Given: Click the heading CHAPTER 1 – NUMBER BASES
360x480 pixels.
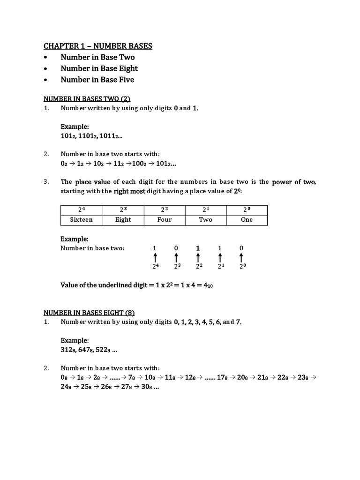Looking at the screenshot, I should [98, 46].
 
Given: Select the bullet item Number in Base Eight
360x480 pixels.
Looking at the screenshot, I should [99, 68].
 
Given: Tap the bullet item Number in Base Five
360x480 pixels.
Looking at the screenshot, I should [97, 80].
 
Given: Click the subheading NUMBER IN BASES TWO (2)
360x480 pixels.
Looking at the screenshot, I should [87, 99].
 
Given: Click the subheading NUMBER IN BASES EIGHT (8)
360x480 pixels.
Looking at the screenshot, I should [89, 313].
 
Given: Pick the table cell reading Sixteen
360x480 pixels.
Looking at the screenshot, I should [81, 220].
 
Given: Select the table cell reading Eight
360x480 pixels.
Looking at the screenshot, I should [123, 220].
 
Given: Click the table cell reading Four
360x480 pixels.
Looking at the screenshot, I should [165, 220].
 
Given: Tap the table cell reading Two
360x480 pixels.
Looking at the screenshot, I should [205, 220].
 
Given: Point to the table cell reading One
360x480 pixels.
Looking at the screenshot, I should [247, 220].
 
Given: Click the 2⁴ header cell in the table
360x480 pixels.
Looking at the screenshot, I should [81, 210].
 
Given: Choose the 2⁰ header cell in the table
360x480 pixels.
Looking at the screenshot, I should [247, 210].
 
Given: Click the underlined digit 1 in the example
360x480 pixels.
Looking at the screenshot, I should [198, 248].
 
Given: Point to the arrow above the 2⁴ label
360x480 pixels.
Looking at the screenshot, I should [155, 258].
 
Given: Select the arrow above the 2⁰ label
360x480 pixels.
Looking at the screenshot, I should [241, 258].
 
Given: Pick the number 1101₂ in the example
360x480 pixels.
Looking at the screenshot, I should [89, 136].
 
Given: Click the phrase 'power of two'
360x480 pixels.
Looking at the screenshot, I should [293, 182].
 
